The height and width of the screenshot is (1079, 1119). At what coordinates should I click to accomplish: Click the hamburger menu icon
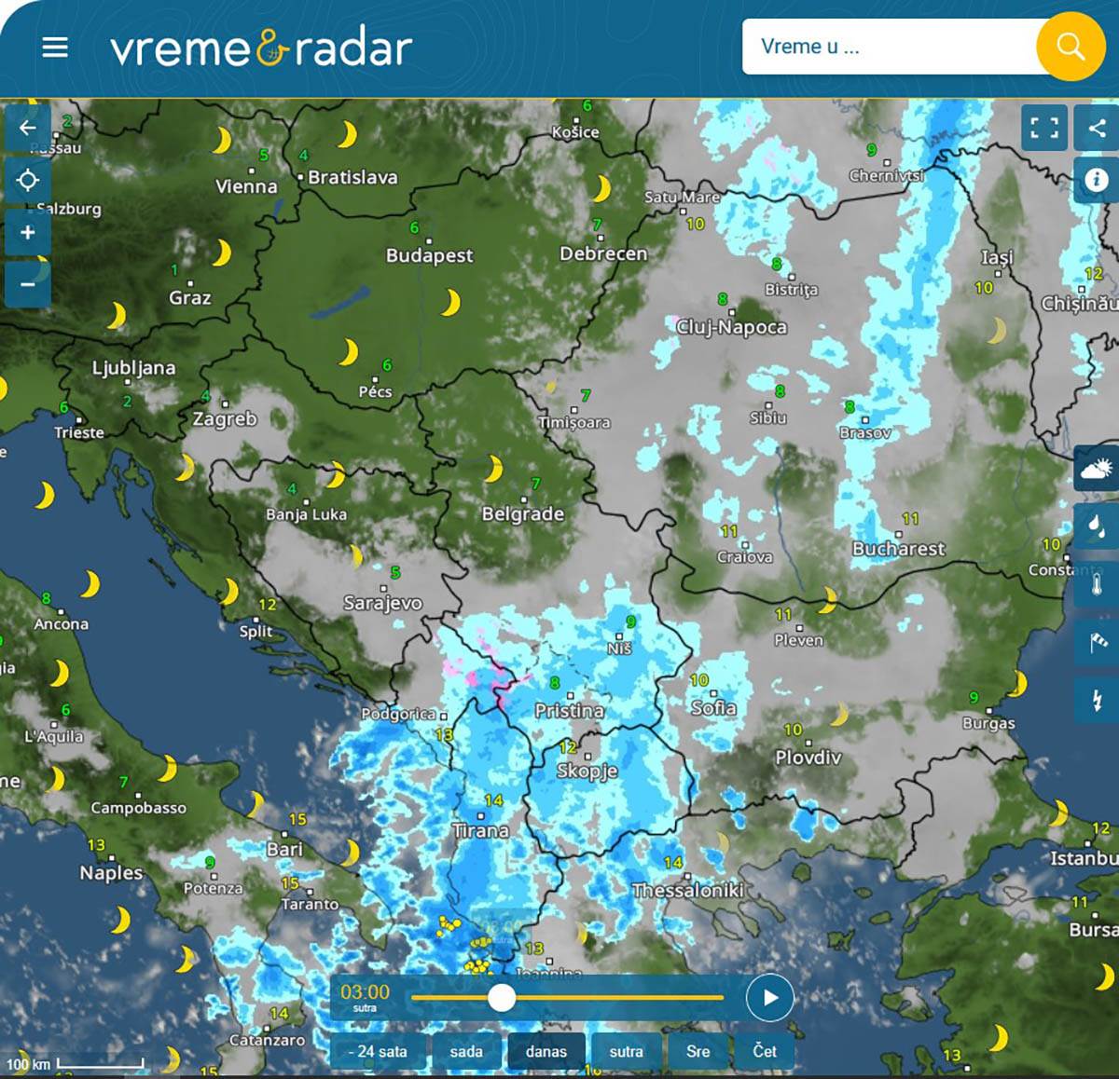point(55,48)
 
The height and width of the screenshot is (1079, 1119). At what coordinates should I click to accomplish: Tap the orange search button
point(1071,47)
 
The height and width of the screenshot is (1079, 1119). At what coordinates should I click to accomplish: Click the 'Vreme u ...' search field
point(886,47)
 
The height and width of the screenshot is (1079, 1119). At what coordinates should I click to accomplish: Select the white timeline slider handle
point(502,998)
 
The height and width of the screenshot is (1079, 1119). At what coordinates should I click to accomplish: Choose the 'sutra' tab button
point(626,1051)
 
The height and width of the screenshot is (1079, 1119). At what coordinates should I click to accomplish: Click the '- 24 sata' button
point(378,1051)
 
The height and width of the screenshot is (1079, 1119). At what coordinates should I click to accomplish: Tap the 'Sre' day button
point(698,1051)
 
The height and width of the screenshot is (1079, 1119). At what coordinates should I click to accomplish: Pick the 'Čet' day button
point(765,1051)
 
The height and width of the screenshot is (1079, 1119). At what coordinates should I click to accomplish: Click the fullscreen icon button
point(1044,128)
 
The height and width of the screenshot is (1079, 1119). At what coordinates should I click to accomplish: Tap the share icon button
point(1097,128)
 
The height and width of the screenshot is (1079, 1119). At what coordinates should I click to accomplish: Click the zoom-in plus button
point(28,232)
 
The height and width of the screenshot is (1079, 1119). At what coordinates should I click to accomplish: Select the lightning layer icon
point(1097,699)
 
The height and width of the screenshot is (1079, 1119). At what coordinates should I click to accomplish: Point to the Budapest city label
point(430,255)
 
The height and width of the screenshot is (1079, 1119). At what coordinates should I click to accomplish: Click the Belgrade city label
point(522,513)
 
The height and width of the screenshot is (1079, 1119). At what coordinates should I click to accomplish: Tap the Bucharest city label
point(898,549)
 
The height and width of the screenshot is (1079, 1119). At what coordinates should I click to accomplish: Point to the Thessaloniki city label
point(687,890)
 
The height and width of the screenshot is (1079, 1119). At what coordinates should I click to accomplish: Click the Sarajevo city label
point(382,603)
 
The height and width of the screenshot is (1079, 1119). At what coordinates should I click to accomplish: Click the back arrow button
point(28,129)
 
